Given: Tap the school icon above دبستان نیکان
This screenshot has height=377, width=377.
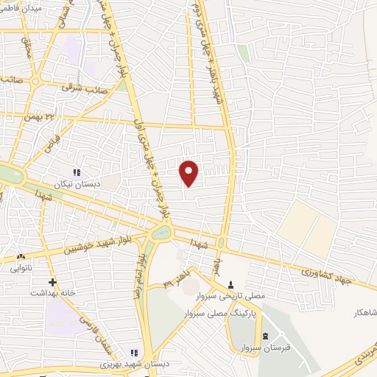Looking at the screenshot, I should [77, 172].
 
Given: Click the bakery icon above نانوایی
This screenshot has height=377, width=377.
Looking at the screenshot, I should [20, 257].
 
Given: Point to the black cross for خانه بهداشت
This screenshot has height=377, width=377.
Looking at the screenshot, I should [52, 282].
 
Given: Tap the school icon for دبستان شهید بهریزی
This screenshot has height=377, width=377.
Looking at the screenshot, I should [134, 353].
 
